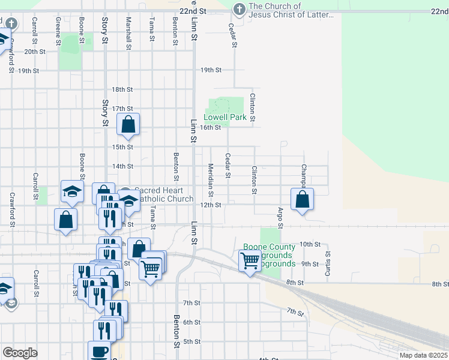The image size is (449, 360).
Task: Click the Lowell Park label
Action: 225,118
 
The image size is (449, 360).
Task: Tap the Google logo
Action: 20,353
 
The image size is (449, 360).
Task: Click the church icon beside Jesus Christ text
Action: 239,10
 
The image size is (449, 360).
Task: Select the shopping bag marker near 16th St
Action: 128,125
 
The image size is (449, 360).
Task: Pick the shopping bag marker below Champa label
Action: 303,200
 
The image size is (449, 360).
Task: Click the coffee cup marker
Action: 99,351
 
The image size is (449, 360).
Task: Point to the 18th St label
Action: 122,89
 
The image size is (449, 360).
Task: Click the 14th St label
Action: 122,166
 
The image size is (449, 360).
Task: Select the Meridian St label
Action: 211,181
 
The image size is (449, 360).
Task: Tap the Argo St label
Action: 280,218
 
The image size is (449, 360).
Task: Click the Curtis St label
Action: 328,262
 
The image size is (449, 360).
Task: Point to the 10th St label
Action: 310,244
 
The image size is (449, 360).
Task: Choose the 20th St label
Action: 35,52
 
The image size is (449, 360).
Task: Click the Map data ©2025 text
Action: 423,355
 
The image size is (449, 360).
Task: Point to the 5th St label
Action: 191,341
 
